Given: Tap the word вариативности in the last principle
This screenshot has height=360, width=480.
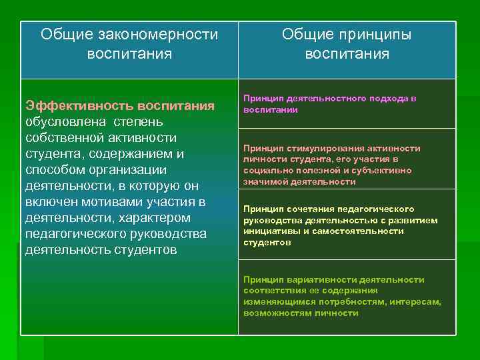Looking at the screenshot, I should (313, 280).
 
